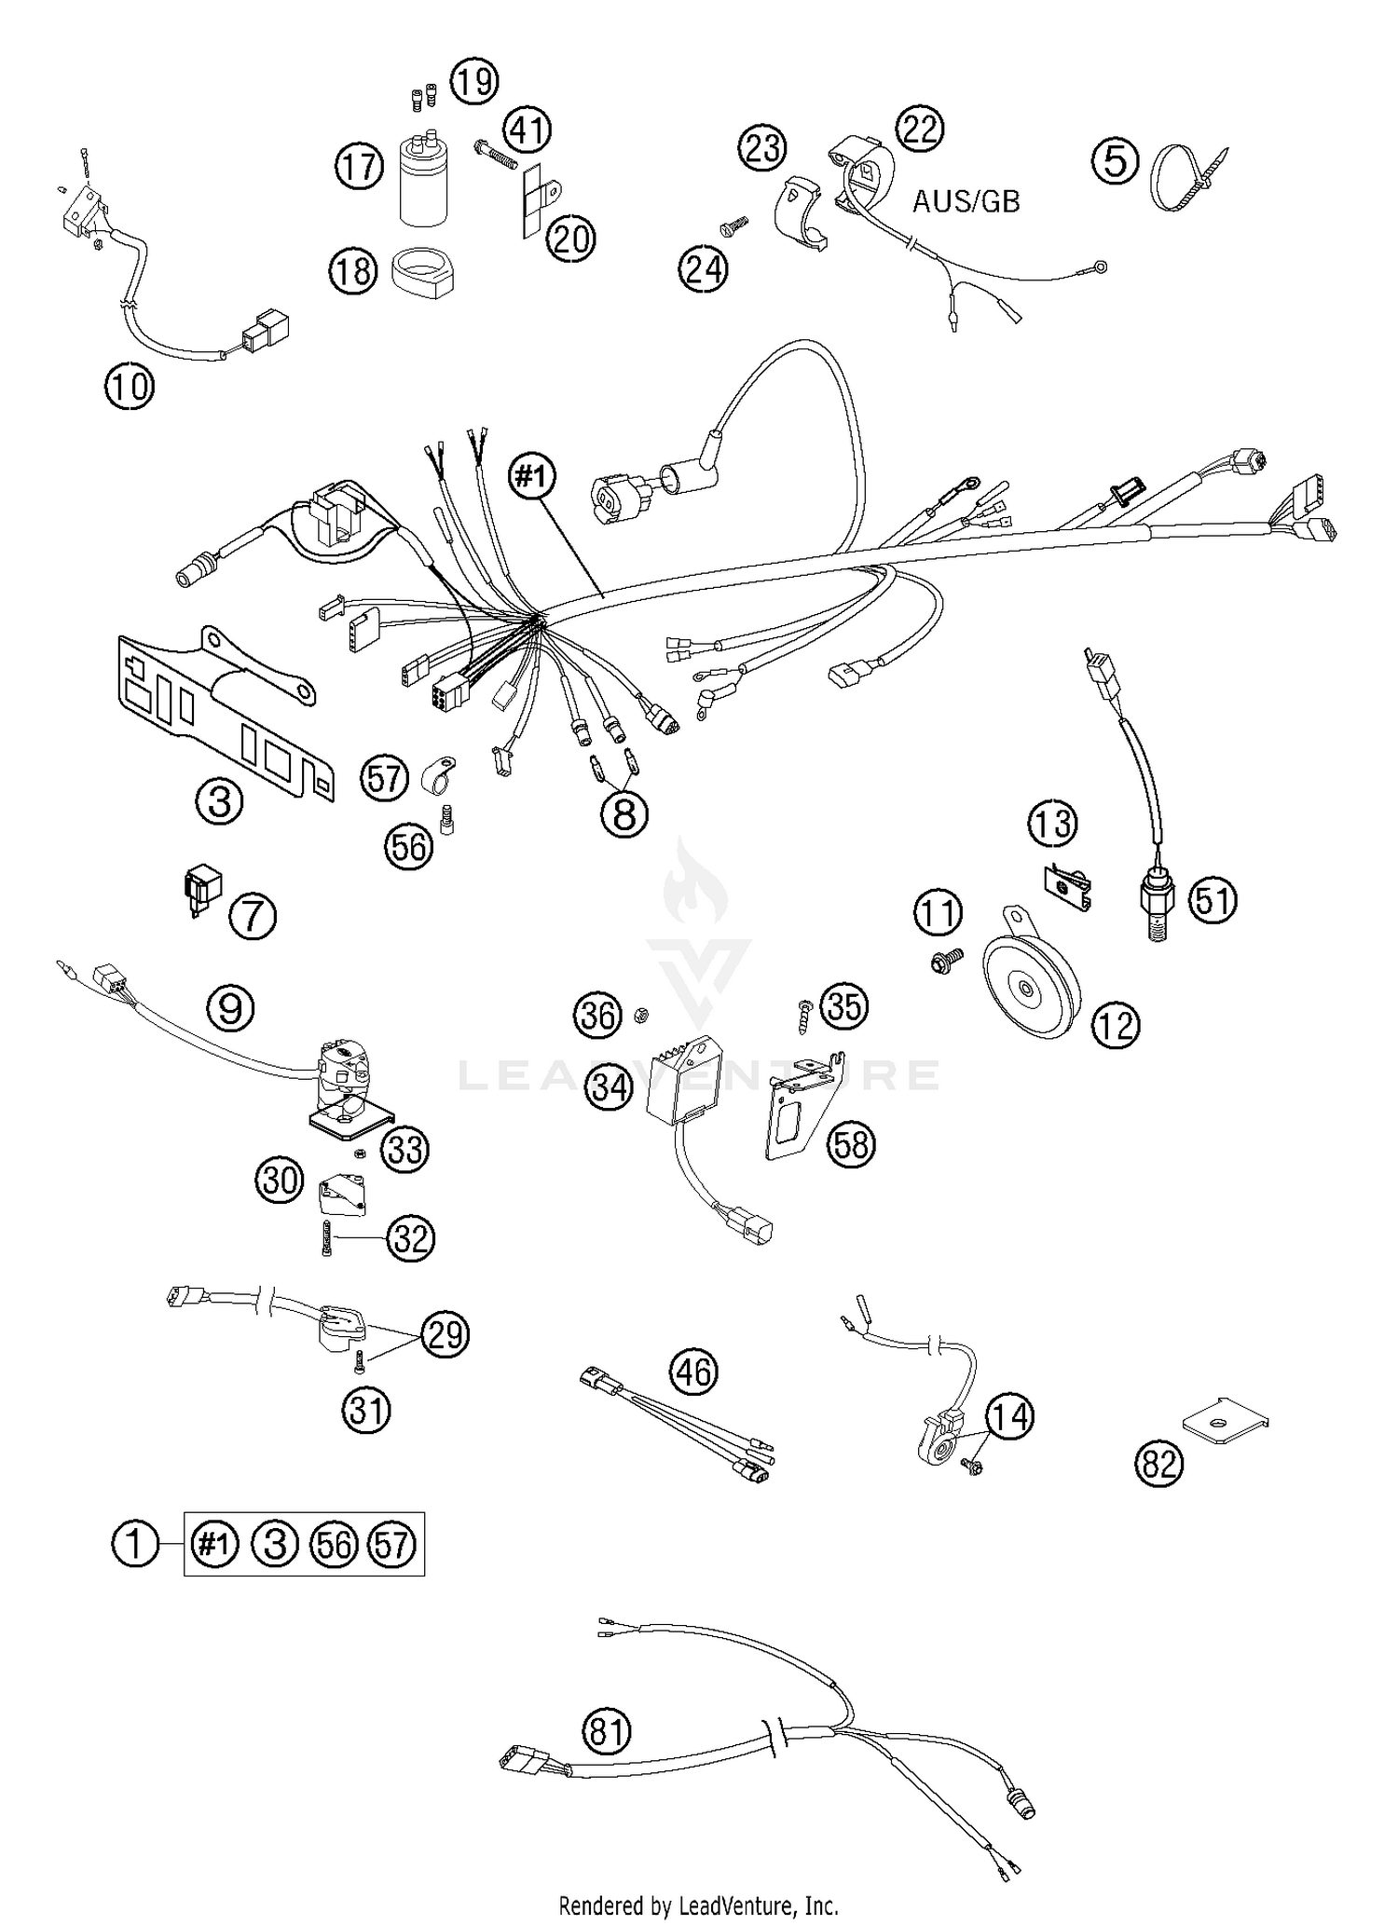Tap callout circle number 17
[360, 168]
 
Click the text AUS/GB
[966, 201]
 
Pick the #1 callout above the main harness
[531, 477]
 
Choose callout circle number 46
[693, 1372]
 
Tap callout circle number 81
[607, 1731]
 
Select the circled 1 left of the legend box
[135, 1544]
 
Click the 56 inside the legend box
[335, 1545]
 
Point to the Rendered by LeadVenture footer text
[698, 1905]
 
